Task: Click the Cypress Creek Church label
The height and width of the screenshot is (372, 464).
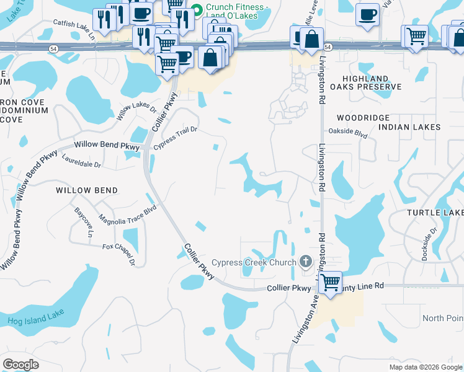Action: click(x=254, y=262)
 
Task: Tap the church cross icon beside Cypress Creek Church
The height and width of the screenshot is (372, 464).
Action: click(x=306, y=262)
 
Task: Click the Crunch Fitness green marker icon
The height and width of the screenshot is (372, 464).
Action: click(x=197, y=9)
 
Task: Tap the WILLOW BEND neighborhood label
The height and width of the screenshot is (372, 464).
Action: click(x=86, y=190)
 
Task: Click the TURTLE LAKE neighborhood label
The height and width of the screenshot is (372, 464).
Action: click(x=435, y=213)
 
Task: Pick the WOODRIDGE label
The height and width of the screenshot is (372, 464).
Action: click(x=363, y=117)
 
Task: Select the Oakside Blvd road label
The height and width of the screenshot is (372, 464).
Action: click(x=348, y=133)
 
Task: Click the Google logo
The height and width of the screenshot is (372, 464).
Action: click(x=20, y=365)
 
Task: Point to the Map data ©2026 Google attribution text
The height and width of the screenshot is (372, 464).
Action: click(x=426, y=367)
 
